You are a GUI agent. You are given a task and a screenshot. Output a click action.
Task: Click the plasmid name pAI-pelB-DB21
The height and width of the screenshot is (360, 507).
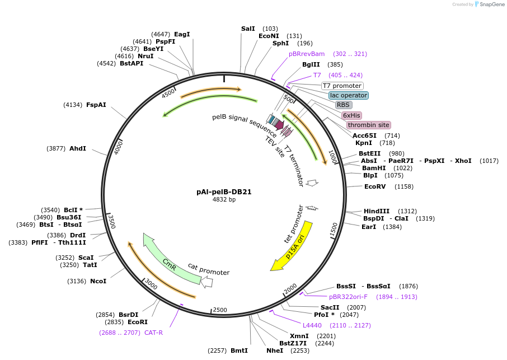(224, 191)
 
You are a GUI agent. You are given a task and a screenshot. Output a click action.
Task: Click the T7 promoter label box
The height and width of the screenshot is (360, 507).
(342, 86)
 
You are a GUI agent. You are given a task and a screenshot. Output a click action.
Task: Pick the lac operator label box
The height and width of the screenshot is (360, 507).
(348, 95)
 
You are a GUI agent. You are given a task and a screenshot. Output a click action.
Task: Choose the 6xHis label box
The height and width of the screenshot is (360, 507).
(351, 115)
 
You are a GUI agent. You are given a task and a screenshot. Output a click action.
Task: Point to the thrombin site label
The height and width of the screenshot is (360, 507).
(368, 125)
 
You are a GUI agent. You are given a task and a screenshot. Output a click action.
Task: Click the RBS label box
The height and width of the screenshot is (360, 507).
(343, 105)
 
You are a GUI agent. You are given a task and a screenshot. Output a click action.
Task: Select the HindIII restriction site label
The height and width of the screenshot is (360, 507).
(376, 211)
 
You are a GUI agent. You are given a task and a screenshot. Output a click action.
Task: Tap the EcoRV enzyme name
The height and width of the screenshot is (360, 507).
(375, 186)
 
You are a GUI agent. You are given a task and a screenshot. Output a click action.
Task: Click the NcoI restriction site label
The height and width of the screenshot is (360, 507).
(98, 281)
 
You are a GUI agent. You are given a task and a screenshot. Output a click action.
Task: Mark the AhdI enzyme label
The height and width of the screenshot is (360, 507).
(78, 148)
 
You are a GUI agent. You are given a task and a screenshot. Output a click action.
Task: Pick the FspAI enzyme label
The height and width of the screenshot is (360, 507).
(96, 105)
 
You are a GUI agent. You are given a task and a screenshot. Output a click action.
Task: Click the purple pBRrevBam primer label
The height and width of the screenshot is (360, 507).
(307, 54)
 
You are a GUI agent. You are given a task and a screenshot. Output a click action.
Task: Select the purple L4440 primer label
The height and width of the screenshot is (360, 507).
(312, 325)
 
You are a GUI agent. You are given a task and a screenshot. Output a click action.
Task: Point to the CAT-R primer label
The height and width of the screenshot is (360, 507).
(153, 333)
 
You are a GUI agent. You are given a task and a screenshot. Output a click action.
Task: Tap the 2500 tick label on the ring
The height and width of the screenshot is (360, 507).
(220, 310)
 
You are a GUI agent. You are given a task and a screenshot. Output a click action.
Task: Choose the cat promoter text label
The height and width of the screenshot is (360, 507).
(208, 269)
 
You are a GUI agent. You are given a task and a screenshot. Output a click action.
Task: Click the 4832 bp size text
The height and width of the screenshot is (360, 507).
(224, 199)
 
